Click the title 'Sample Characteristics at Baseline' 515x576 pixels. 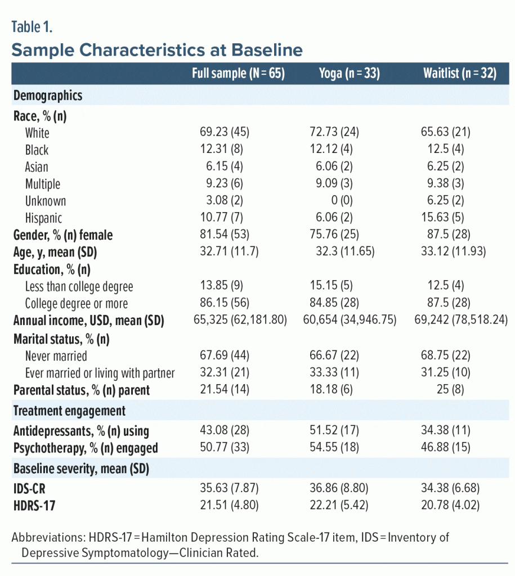(157, 50)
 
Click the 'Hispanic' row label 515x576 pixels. (43, 218)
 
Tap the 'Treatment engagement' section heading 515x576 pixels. (69, 411)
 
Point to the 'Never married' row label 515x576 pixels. (56, 355)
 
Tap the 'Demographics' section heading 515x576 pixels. (48, 95)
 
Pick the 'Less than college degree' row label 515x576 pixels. (79, 286)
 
